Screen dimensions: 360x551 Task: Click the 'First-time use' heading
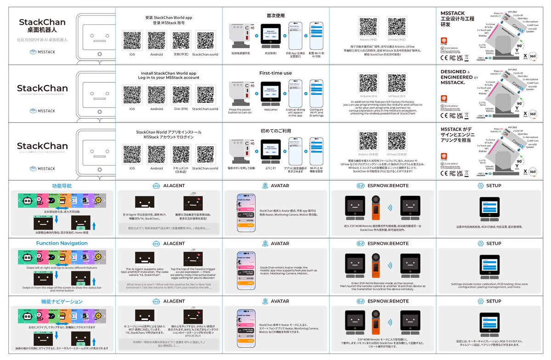click(275, 73)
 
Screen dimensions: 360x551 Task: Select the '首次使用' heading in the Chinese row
click(275, 15)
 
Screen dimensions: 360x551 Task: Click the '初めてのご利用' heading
click(275, 131)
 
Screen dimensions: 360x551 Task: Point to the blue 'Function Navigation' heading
click(62, 243)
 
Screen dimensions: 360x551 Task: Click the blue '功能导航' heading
click(62, 186)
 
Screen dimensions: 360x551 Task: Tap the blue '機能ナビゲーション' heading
click(62, 302)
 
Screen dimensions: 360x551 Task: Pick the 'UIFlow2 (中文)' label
click(397, 40)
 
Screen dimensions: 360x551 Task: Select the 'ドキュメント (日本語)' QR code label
click(180, 170)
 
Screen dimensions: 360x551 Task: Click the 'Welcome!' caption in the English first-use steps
click(271, 109)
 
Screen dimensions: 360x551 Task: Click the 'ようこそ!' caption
click(271, 168)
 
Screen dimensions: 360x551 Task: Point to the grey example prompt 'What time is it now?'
click(168, 285)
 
